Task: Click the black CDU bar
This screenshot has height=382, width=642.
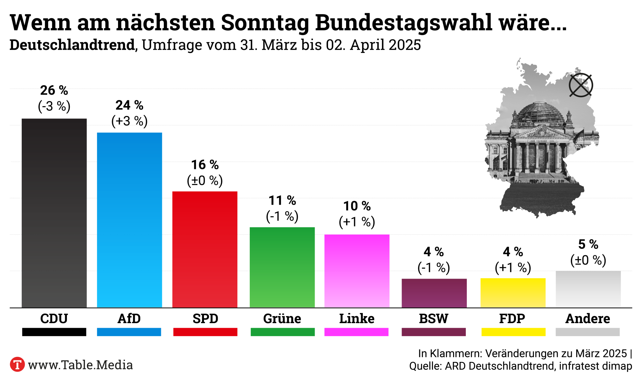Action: [x=54, y=213]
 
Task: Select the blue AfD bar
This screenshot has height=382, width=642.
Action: [x=129, y=220]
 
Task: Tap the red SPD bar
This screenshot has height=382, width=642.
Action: [x=205, y=249]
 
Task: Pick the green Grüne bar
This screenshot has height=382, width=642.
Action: [x=282, y=267]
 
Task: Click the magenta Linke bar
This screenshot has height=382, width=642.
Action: [x=357, y=271]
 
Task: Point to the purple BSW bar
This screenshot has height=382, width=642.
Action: [x=434, y=293]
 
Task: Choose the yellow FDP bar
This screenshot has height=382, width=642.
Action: [x=513, y=293]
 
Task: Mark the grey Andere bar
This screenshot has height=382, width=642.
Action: [x=588, y=289]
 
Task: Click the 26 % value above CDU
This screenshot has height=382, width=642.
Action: [x=54, y=90]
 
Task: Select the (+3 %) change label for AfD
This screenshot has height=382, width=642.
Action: [x=129, y=121]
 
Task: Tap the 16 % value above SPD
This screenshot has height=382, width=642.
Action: [x=205, y=165]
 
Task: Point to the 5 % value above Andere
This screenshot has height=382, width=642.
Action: [x=588, y=244]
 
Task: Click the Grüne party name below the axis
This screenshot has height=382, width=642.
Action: [x=282, y=318]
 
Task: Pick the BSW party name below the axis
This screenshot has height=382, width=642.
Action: [x=434, y=318]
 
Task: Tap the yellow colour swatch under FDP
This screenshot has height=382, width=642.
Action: [x=513, y=332]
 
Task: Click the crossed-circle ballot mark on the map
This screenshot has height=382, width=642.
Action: [x=581, y=85]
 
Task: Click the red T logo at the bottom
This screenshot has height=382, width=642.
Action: [x=17, y=365]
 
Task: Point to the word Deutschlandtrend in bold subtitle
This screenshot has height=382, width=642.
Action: [x=72, y=45]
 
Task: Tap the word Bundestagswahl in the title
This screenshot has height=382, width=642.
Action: [x=404, y=23]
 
